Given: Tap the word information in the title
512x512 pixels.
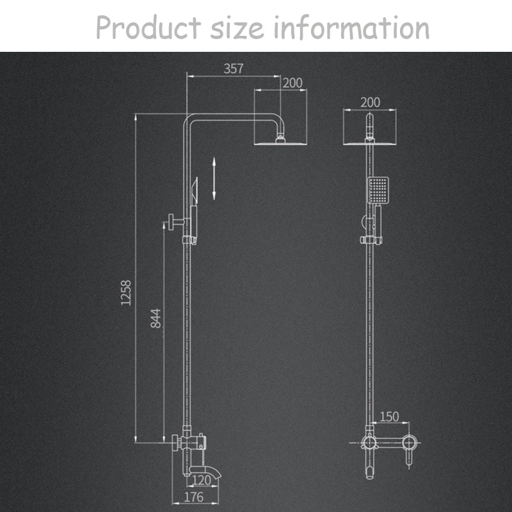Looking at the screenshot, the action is pos(351,28).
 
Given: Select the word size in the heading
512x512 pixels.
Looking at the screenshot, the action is pos(237,28).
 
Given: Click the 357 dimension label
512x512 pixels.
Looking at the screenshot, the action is pos(234,68).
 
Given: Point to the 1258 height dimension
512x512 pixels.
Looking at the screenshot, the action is pos(126,292).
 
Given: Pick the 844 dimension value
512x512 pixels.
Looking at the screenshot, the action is pos(156,318).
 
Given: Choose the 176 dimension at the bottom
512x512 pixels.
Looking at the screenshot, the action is pos(194,497).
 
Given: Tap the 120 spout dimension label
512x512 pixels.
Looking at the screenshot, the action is pos(202,481).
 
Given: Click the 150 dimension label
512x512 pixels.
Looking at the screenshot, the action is pos(389,417).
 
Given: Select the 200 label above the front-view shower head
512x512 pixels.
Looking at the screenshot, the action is pos(371,102).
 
